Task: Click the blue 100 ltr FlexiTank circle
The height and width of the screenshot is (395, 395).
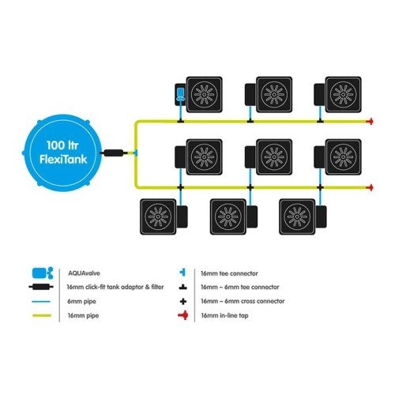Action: click(62, 152)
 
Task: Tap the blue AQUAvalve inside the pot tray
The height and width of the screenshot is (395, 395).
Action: click(180, 95)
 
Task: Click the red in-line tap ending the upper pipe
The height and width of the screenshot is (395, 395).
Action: click(370, 122)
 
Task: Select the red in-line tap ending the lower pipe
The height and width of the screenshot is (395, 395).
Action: click(370, 187)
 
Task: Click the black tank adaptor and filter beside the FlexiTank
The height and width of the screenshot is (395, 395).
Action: click(114, 152)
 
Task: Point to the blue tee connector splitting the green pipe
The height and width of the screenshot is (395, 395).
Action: click(135, 152)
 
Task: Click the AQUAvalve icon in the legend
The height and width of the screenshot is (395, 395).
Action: click(43, 273)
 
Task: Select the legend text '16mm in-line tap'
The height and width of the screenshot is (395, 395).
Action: click(224, 315)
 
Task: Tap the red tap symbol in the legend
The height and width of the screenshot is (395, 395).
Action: click(183, 315)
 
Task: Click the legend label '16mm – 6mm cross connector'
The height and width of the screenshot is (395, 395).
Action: click(243, 301)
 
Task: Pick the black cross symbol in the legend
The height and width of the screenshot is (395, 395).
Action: click(183, 301)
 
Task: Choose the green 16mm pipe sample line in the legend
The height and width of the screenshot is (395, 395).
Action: click(42, 315)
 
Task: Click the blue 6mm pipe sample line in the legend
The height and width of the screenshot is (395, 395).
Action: click(41, 301)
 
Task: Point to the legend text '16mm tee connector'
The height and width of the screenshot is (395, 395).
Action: click(229, 273)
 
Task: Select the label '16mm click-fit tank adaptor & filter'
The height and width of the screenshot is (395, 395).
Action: click(115, 287)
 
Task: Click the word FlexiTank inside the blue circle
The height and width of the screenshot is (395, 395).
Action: click(63, 160)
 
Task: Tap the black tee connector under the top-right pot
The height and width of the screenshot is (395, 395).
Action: click(320, 121)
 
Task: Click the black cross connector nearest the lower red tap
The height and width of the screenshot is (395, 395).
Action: click(320, 187)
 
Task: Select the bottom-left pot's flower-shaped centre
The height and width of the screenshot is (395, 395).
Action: click(158, 216)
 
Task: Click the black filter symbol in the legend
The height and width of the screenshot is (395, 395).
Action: click(41, 287)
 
